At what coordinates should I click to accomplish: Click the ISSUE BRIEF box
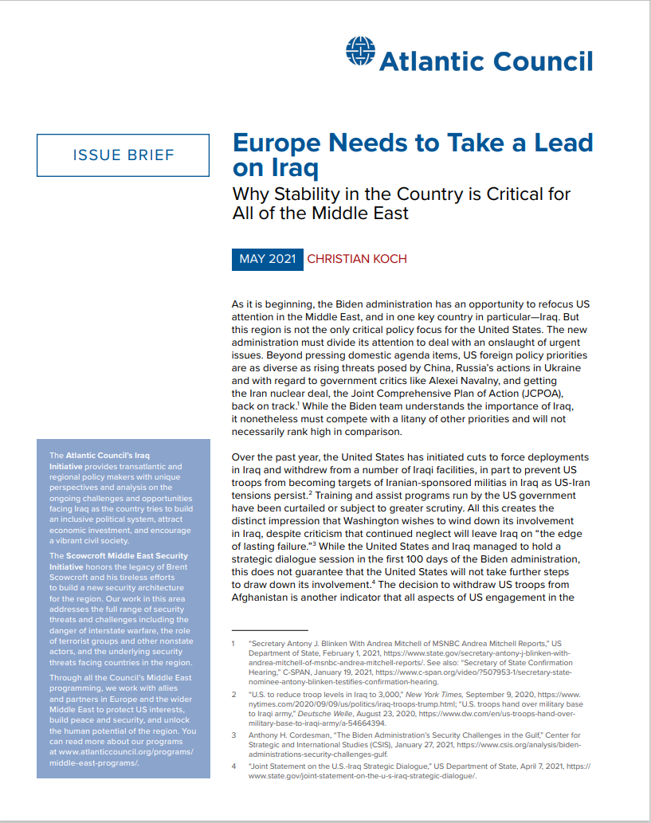[124, 155]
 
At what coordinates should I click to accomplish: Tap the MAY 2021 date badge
[267, 259]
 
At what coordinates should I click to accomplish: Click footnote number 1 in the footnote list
[233, 641]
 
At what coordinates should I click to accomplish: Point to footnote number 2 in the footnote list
[233, 695]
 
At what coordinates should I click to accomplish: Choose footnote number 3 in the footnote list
[233, 735]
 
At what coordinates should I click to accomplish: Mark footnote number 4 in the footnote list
[233, 766]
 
